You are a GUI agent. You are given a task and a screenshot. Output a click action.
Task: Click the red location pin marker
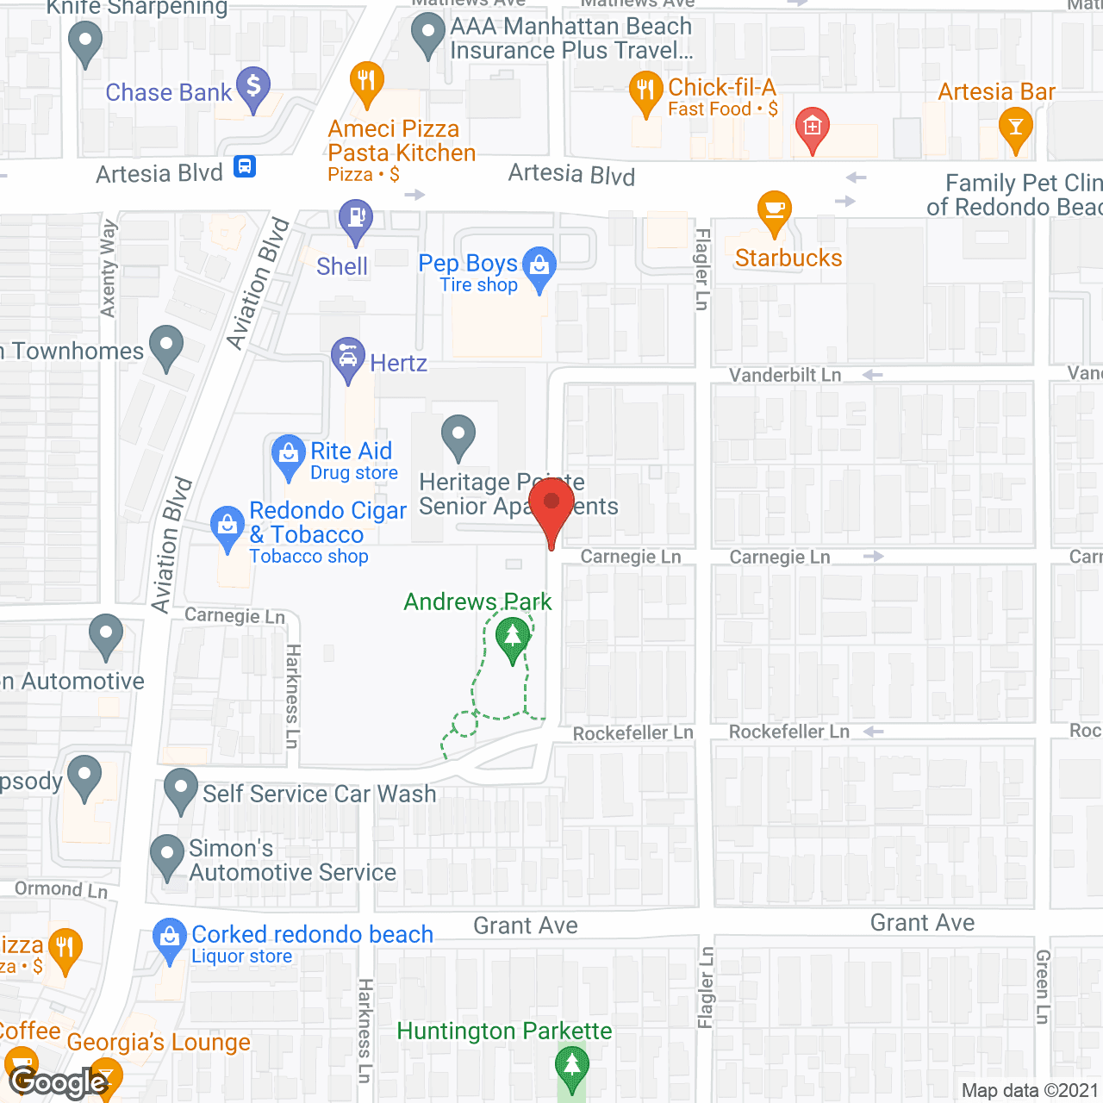point(551,504)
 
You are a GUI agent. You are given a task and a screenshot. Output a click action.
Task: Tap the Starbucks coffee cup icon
point(774,209)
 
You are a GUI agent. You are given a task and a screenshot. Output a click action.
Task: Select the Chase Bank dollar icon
point(253,86)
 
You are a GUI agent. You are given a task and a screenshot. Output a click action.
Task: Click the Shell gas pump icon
point(355,217)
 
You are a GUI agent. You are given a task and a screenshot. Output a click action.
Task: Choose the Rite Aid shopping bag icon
point(288,453)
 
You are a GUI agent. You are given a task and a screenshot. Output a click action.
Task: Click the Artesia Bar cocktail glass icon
point(1016,128)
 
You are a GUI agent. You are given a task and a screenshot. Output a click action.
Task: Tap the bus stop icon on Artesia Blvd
point(245,165)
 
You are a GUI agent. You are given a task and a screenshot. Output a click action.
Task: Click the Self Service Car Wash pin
point(181,788)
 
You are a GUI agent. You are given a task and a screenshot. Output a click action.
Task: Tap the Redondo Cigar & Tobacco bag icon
point(227,525)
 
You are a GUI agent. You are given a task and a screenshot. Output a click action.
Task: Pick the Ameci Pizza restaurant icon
point(366,82)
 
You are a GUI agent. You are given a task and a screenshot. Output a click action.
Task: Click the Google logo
point(59,1081)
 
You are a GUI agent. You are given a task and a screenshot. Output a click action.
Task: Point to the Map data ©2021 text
point(1030,1090)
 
